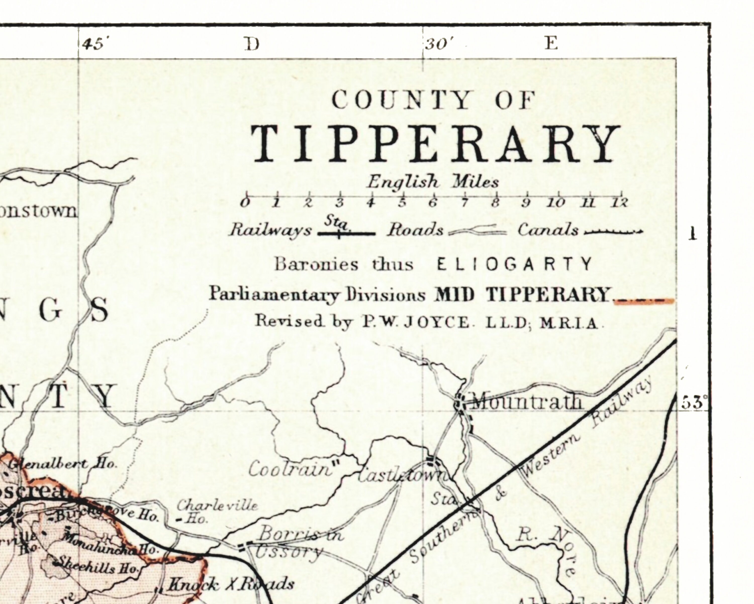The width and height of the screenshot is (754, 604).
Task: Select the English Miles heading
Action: pos(433,182)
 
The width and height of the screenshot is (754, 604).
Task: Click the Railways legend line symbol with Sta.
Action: pos(346,232)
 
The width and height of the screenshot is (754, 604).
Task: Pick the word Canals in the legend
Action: pos(548,230)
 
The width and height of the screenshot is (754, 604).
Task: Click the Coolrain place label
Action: pos(290,469)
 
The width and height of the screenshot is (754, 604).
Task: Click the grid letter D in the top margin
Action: pos(252,44)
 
